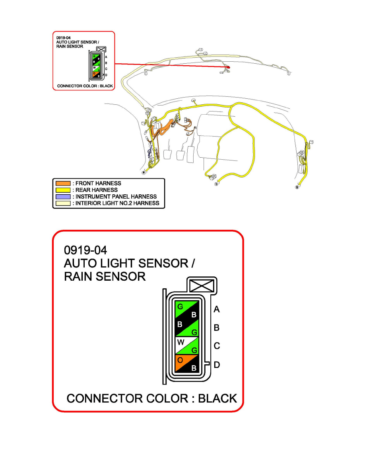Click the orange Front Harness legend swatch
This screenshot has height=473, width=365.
point(63,184)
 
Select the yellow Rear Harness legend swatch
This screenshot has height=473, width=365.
point(63,190)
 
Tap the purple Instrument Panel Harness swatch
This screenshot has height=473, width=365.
point(63,197)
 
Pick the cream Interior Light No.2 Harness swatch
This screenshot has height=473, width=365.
point(63,203)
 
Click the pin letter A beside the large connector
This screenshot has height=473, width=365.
point(217,309)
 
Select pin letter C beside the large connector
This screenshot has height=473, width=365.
point(217,346)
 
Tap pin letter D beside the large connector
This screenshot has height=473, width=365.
point(217,365)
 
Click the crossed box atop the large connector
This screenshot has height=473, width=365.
point(202,286)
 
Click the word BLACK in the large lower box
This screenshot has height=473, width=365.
point(217,398)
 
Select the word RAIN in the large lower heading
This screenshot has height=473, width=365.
point(80,276)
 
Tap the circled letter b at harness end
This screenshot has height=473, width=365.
point(217,184)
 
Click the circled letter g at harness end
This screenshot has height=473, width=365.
point(297,187)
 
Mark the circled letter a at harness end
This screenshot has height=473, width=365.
point(144,173)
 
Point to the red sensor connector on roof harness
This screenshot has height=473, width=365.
point(228,68)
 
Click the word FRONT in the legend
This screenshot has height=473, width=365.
point(86,184)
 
